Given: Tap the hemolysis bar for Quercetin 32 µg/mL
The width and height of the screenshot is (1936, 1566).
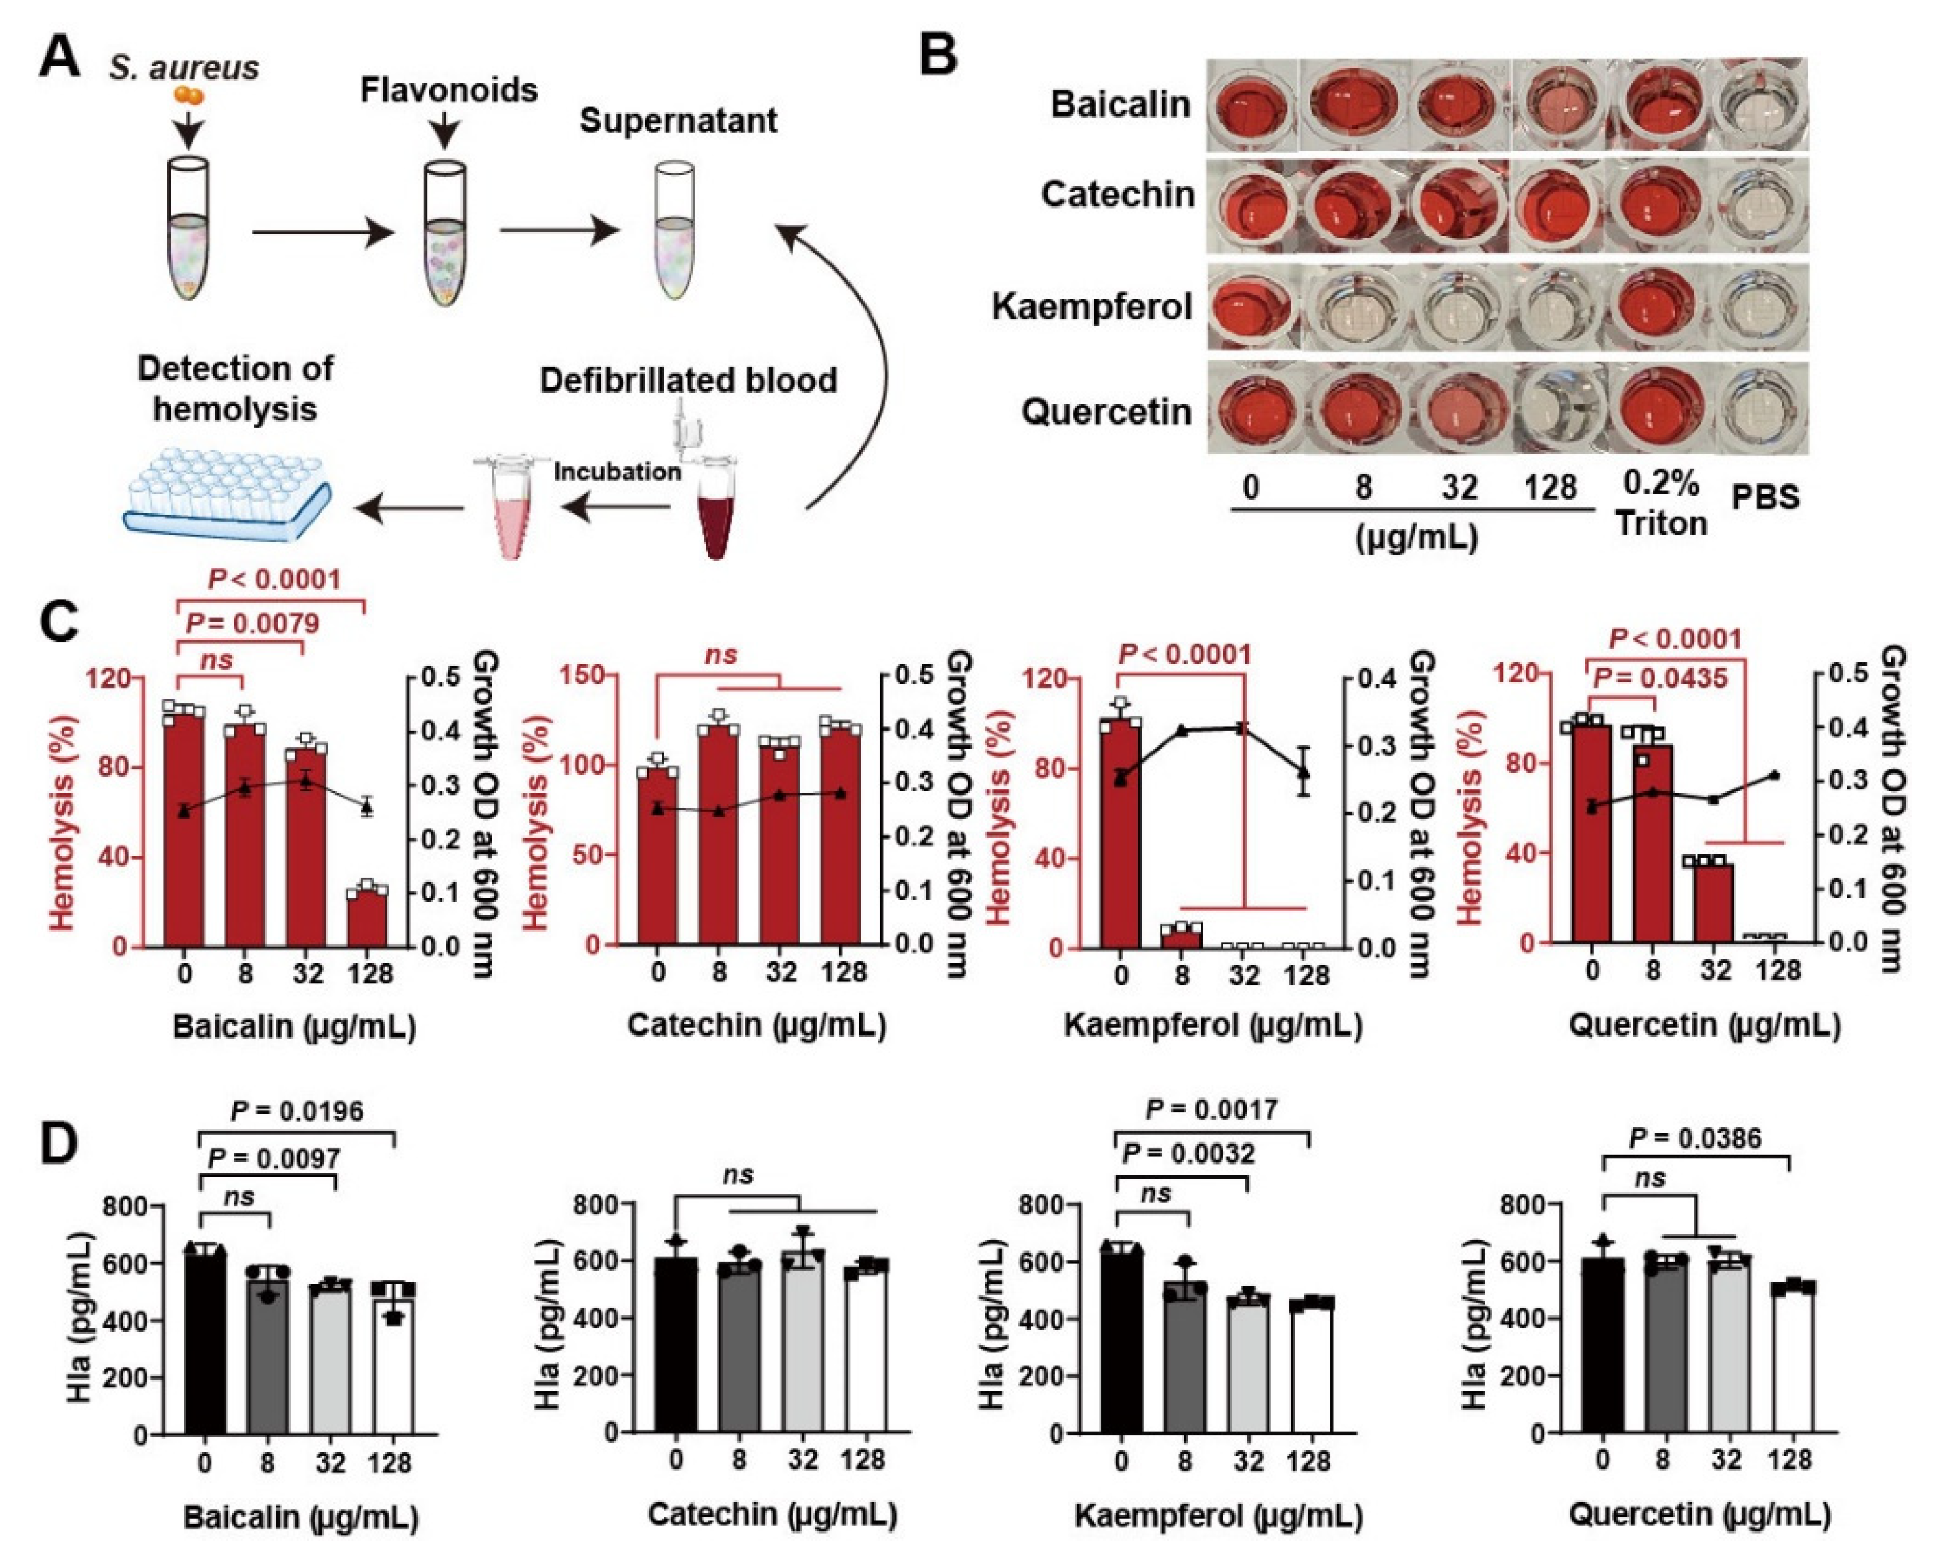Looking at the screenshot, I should click(1713, 902).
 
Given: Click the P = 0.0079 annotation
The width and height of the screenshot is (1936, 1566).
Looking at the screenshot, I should click(253, 624).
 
